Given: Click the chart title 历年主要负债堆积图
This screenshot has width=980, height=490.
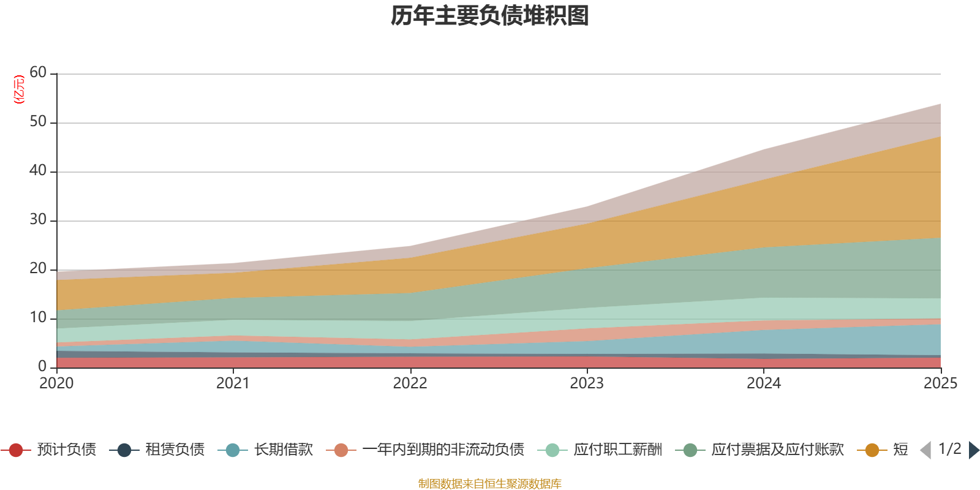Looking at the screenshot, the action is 489,16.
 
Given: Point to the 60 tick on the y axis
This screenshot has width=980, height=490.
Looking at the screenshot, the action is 38,72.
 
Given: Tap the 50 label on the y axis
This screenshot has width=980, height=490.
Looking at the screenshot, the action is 38,121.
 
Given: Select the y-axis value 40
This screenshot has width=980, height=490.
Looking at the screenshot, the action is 38,170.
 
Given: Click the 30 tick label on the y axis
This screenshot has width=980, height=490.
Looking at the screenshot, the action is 38,219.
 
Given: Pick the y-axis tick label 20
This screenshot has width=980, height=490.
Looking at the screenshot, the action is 38,268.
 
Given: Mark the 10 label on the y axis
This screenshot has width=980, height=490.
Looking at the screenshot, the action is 38,317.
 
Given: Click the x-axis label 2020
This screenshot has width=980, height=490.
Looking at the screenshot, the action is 56,383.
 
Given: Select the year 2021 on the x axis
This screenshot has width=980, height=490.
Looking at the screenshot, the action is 233,383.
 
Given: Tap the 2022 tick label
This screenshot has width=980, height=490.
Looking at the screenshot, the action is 410,383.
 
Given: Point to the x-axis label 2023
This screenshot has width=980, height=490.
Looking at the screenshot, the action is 587,383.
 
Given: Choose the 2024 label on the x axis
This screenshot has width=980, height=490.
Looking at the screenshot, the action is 764,383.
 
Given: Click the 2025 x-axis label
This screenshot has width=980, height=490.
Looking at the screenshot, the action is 941,383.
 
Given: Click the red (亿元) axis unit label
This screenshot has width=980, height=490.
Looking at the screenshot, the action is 19,89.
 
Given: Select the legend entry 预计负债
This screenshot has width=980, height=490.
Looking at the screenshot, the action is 48,450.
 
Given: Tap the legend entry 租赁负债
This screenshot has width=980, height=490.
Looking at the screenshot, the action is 157,450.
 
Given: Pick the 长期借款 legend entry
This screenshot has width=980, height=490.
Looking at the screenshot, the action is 266,450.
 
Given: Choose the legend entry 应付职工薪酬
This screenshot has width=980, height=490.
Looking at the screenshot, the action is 600,450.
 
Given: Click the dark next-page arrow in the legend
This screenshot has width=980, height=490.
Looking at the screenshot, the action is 974,450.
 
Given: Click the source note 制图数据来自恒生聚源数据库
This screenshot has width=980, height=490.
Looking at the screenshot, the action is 489,483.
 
